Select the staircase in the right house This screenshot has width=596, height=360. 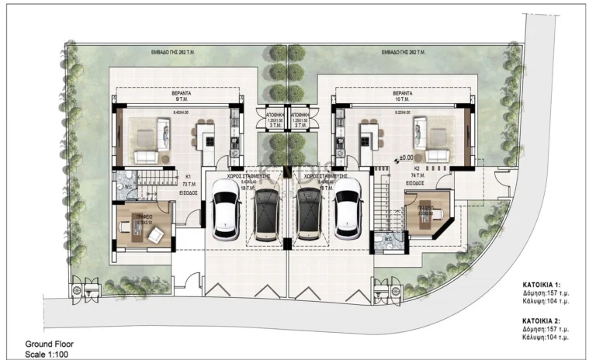pos(380,201)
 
